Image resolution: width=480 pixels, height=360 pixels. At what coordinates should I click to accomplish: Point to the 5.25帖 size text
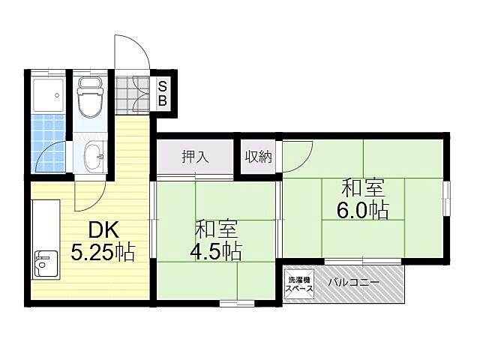click(103, 253)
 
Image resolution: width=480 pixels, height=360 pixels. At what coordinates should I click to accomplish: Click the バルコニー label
click(354, 283)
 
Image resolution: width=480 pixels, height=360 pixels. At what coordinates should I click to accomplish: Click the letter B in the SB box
click(162, 100)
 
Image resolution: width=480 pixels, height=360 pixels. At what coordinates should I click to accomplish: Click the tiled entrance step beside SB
click(134, 93)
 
